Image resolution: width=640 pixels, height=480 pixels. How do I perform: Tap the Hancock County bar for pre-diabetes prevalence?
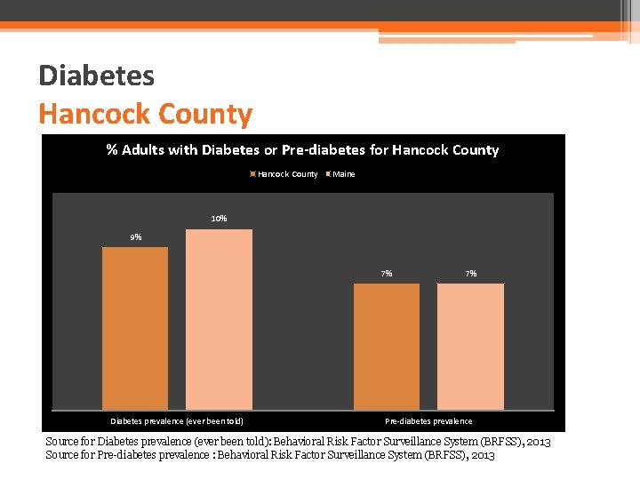tap(387, 346)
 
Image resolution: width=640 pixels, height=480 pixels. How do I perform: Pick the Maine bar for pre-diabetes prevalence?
tap(470, 346)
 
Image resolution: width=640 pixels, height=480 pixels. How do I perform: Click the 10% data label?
tap(219, 219)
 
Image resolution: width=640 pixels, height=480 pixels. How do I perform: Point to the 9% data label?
tap(135, 237)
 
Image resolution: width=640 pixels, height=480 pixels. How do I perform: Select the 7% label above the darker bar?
tap(387, 274)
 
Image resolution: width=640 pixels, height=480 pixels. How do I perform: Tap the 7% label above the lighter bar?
tap(471, 274)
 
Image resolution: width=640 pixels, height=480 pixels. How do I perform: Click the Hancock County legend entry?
tap(286, 174)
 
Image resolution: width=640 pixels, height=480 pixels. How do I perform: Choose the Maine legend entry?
tap(343, 174)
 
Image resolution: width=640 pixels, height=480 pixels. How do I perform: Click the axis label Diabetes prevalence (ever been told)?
tap(176, 421)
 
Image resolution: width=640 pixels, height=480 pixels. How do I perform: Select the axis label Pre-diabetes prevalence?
tap(428, 421)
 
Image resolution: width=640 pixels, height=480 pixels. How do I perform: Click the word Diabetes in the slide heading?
tap(96, 76)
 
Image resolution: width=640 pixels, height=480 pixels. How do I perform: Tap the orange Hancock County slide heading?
tap(145, 114)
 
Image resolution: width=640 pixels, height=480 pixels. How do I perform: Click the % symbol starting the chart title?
tap(112, 150)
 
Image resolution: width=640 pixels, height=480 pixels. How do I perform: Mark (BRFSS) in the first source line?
tap(498, 442)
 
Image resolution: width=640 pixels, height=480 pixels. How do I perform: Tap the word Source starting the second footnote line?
tap(62, 455)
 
